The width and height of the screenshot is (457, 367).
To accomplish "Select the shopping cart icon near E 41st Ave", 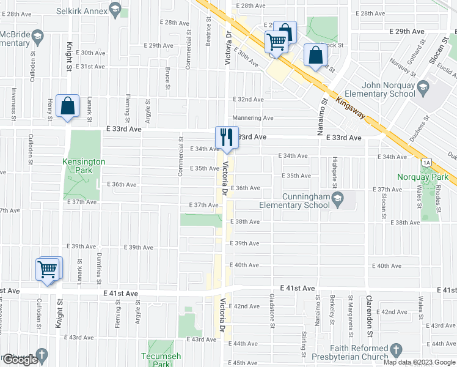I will point(49,269).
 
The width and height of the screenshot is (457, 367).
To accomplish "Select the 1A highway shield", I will point(426,161).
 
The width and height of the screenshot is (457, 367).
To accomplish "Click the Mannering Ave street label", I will point(252,118).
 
